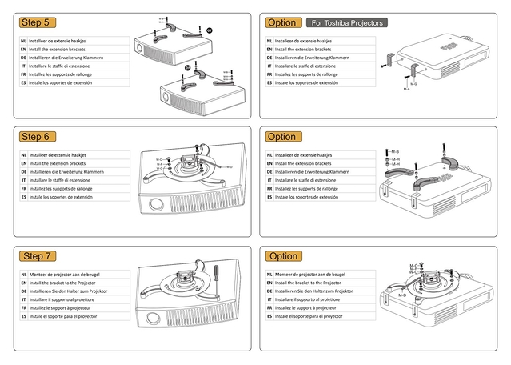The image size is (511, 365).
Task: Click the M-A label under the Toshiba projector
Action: [407, 89]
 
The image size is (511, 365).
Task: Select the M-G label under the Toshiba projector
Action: [413, 83]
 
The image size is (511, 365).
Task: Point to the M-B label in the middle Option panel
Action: [395, 151]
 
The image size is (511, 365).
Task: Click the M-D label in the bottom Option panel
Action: [402, 295]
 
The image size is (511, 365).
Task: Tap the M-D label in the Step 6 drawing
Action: [230, 166]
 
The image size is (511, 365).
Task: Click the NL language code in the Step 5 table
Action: [24, 40]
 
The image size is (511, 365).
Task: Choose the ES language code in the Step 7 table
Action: [24, 317]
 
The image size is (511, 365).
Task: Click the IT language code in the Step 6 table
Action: [24, 180]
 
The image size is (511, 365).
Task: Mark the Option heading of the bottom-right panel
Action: [282, 256]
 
